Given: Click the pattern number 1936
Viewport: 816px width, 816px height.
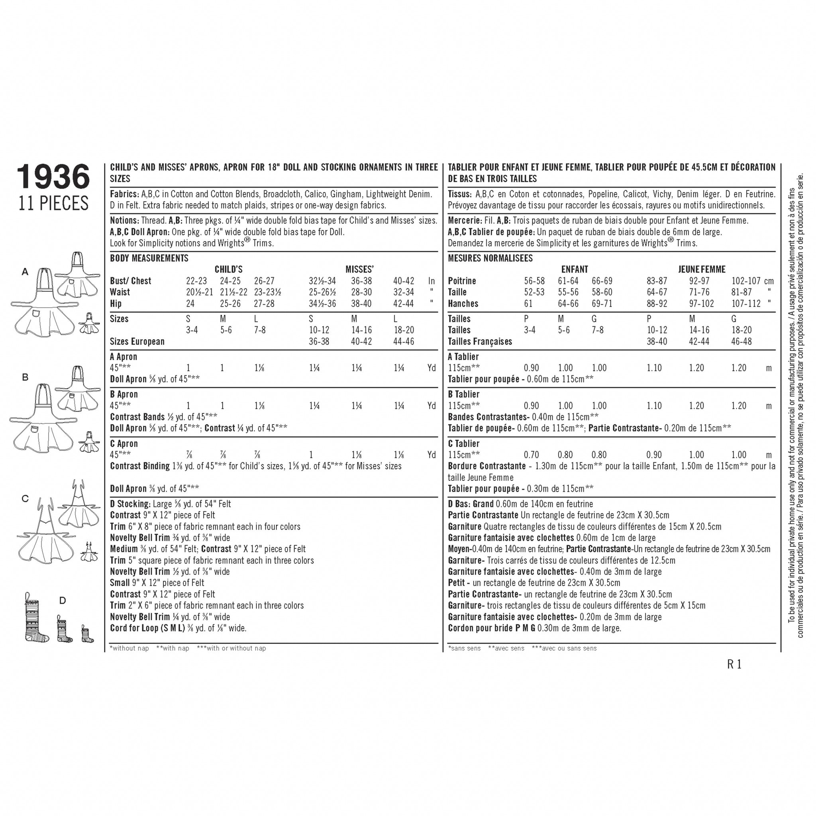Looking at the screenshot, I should point(53,177).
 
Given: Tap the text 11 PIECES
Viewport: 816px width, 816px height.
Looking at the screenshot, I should point(53,204).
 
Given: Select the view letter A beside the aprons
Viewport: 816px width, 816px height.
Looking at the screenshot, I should point(25,272).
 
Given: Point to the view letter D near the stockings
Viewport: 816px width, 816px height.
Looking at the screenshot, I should point(63,600).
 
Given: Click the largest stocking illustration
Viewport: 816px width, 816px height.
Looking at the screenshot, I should point(36,620).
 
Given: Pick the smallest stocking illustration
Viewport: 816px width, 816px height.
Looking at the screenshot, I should point(87,634).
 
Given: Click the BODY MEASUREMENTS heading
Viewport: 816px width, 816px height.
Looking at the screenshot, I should point(149,258).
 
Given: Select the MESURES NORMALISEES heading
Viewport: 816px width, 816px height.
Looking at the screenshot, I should point(490,258).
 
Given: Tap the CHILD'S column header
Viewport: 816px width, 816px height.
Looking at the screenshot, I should point(228,269).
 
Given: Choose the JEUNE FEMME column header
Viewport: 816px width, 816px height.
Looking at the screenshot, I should point(702,269).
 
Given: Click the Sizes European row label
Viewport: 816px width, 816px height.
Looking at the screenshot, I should point(137,341).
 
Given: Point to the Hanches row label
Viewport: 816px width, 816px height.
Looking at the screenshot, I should point(463,303).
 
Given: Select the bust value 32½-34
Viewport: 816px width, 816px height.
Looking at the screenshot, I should point(322,281).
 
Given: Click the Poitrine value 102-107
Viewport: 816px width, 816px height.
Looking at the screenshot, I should point(746,281).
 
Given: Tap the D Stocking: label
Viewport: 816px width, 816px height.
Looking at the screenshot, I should point(130,504).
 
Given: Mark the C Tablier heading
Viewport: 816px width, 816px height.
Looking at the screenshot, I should point(463,443).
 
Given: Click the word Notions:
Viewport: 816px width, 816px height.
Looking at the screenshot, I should point(124,220).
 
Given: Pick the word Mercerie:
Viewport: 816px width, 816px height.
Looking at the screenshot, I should point(465,220).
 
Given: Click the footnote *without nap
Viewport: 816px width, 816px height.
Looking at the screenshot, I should point(129,648).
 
